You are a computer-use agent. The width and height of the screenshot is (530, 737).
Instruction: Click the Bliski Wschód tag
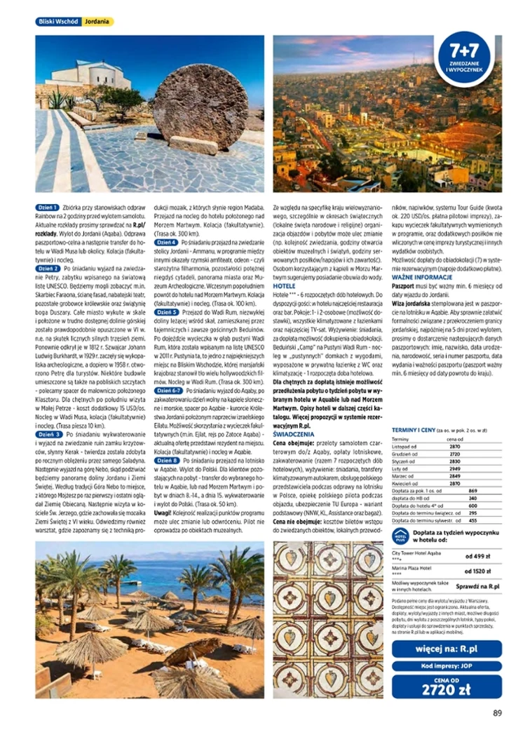pyautogui.click(x=58, y=22)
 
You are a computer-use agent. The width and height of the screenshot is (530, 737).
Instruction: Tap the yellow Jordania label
pyautogui.click(x=97, y=22)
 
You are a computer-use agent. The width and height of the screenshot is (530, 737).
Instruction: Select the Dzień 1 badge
pyautogui.click(x=48, y=208)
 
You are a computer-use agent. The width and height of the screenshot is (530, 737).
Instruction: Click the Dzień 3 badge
pyautogui.click(x=48, y=435)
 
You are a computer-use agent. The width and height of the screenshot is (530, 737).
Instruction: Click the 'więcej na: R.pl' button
pyautogui.click(x=447, y=649)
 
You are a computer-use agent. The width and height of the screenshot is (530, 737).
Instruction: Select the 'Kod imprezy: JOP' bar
pyautogui.click(x=447, y=665)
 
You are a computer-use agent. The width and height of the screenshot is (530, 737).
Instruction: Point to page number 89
pyautogui.click(x=497, y=713)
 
